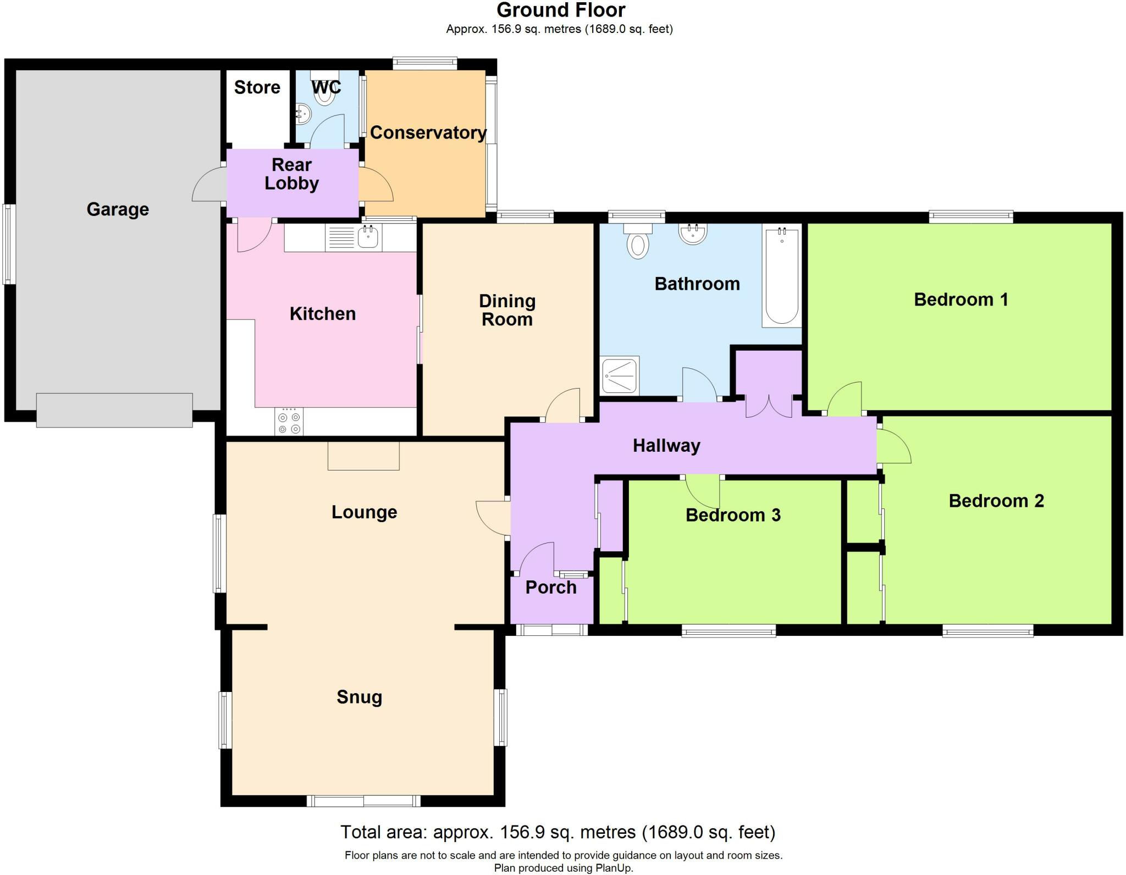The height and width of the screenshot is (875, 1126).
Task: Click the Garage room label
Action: point(118,209)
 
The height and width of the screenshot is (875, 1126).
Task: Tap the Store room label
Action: point(257,87)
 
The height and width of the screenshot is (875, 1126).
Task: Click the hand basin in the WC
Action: point(303,115)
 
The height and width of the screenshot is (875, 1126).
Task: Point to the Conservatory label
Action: point(428,132)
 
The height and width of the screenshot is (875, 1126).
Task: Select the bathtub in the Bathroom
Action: point(781,276)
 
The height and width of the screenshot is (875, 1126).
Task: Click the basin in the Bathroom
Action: point(693,234)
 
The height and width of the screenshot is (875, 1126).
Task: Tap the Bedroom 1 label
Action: point(961,300)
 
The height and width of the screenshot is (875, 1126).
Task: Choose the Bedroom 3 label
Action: point(733,515)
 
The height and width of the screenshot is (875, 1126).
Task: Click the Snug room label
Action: point(359,697)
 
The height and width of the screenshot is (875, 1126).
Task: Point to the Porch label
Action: point(551,588)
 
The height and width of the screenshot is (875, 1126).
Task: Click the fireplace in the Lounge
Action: point(363,456)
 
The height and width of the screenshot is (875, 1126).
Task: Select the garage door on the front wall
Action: point(114,410)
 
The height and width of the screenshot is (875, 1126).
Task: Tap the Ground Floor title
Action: point(561,10)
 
